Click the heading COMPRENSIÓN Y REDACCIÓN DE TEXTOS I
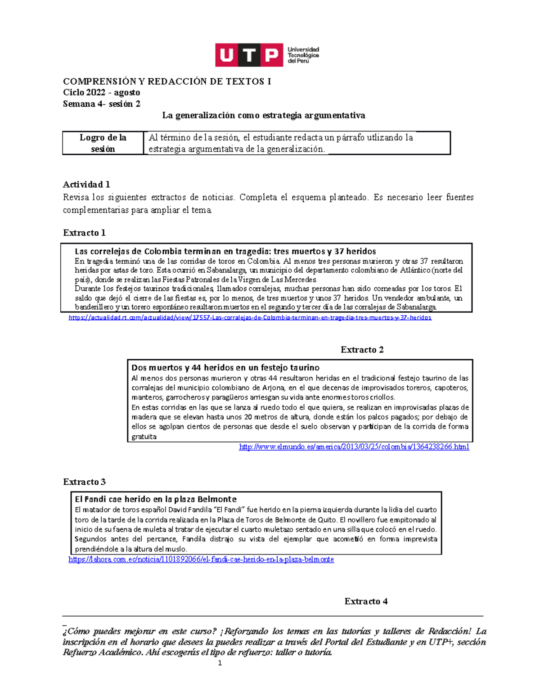167,81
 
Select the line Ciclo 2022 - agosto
101,93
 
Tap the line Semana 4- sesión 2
101,104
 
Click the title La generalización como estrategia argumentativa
263,115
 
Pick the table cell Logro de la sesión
103,143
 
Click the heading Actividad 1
86,185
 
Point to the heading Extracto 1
84,233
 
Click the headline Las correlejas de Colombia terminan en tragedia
225,251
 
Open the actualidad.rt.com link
250,318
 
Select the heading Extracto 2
362,350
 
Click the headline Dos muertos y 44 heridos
225,368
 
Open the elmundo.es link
354,447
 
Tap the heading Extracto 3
84,482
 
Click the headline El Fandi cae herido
155,499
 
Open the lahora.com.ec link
201,559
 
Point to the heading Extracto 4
366,601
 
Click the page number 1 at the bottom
220,663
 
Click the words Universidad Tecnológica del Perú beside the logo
303,55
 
